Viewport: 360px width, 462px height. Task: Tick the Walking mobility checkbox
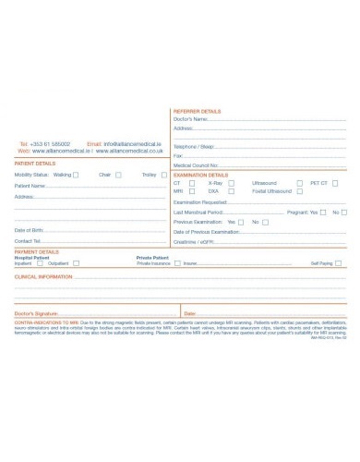click(x=75, y=174)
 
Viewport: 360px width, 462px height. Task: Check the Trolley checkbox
click(x=162, y=174)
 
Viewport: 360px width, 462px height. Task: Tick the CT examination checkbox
click(x=189, y=183)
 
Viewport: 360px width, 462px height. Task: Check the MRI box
click(x=189, y=191)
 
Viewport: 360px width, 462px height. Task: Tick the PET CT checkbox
click(x=335, y=183)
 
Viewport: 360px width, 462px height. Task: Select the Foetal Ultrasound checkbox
click(x=298, y=191)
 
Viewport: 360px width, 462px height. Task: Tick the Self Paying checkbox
click(x=340, y=263)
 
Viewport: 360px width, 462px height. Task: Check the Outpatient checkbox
click(x=77, y=263)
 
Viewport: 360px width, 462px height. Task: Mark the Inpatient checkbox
click(x=40, y=263)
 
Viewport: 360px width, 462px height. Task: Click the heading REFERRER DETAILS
click(x=198, y=111)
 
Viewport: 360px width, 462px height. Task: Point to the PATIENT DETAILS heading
click(x=35, y=164)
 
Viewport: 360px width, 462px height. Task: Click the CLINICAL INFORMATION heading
click(x=43, y=276)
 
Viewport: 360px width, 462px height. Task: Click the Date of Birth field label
click(x=29, y=229)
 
